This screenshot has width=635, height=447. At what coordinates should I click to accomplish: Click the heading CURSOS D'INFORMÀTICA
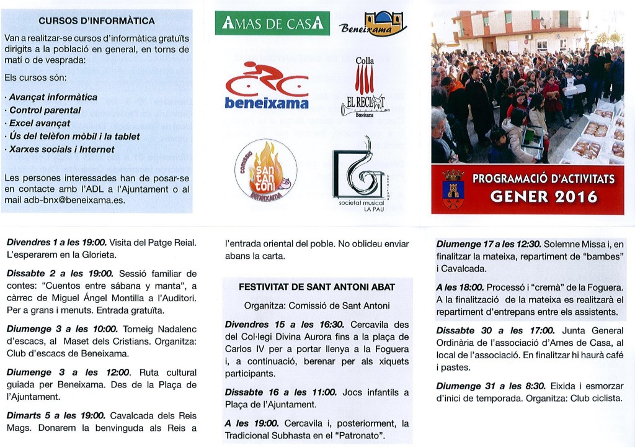coord(97,20)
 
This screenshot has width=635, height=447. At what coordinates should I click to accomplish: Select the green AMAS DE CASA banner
coord(272,24)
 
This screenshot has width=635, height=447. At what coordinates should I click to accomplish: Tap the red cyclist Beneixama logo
coord(267,85)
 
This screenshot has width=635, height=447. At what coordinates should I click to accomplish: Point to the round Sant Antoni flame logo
coord(265,169)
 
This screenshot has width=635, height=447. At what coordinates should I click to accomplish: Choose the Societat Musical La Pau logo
coord(361,173)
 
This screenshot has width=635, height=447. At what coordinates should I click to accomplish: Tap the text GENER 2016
coord(543,197)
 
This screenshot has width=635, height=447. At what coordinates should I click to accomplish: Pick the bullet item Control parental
coord(45,110)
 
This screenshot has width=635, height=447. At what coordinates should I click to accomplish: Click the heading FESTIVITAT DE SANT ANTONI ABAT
coord(317,287)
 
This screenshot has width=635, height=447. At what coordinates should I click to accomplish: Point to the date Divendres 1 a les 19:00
coord(56,242)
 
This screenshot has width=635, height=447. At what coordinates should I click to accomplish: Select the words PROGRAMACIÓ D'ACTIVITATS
coord(543,179)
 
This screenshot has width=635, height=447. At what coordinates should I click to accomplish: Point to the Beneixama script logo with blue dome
coord(373,25)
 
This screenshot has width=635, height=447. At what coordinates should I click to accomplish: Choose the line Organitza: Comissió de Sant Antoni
coord(317,305)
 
